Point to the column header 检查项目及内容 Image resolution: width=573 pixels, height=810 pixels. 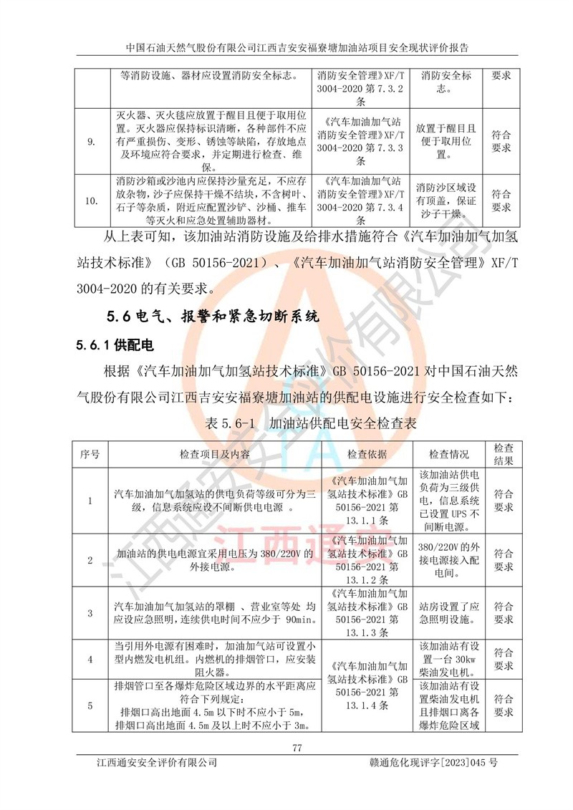(215, 454)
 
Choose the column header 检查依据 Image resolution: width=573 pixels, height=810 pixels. (367, 454)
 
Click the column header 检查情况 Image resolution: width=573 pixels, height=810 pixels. (448, 454)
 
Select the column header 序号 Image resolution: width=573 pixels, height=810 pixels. (90, 454)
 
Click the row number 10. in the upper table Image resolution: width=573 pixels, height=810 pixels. (91, 201)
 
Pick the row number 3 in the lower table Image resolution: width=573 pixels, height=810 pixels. (90, 613)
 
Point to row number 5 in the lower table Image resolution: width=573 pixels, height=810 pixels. (90, 706)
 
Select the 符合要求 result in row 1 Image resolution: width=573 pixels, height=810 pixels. (503, 500)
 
